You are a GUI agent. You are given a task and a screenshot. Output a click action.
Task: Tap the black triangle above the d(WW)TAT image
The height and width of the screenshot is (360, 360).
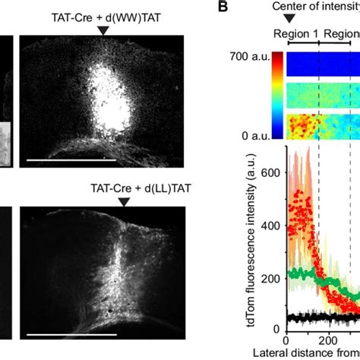[x=103, y=30]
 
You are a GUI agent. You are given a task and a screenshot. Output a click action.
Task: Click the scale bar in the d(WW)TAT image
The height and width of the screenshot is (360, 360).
[x=72, y=160]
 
